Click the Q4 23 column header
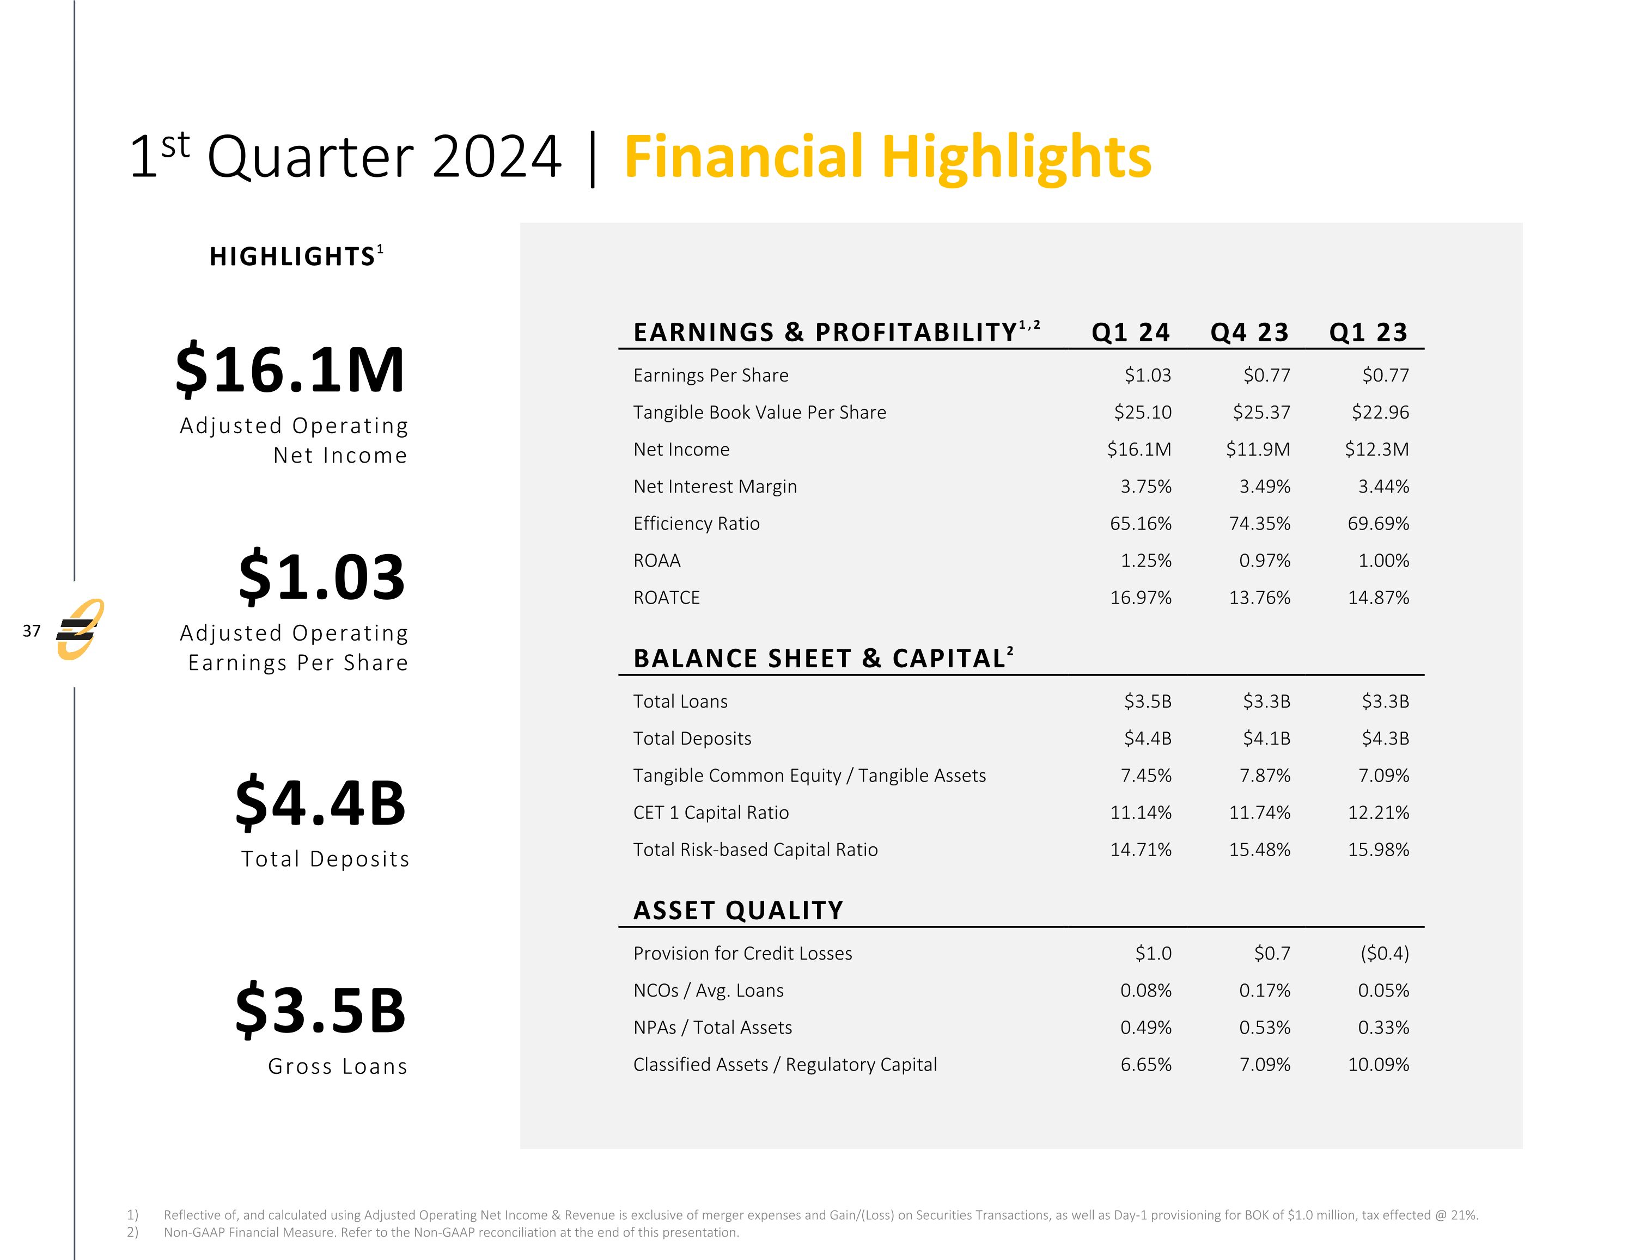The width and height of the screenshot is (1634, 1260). coord(1249,332)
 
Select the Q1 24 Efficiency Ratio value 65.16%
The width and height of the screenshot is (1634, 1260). coord(1140,524)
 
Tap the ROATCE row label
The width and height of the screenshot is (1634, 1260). coord(666,598)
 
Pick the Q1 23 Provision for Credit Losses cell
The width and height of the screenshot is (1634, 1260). coord(1383,954)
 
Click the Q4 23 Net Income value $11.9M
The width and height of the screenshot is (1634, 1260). coord(1258,450)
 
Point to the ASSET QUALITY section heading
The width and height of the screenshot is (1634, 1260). coord(737,910)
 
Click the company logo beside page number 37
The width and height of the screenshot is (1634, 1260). coord(80,630)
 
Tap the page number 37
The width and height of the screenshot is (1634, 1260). coord(32,630)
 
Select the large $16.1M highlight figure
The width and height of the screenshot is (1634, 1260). coord(290,370)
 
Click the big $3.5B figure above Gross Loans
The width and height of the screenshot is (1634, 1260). coord(320,1010)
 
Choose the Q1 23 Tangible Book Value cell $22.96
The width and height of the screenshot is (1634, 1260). coord(1380,412)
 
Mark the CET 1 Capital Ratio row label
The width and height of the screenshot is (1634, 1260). coord(711,813)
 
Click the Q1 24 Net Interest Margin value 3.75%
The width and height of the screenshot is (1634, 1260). coord(1145,487)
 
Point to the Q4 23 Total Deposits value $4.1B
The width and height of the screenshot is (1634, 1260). coord(1266,739)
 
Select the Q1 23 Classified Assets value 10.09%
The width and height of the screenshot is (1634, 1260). coord(1378,1065)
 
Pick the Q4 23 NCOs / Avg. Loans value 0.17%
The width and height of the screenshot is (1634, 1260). coord(1264,991)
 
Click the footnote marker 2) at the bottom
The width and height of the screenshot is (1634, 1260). coord(132,1232)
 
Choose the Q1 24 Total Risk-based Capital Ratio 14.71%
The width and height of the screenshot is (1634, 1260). coord(1140,850)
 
